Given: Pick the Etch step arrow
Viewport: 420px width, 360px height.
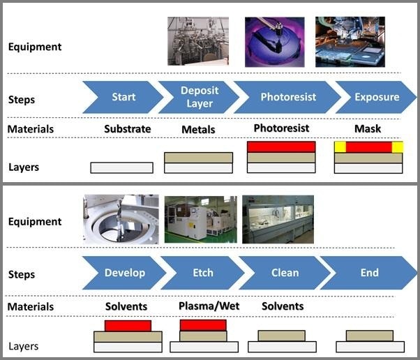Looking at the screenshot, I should pos(203,273).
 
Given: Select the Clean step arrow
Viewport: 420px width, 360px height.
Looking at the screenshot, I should pos(285,273).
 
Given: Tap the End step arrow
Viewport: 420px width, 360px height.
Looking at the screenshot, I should pos(369,273).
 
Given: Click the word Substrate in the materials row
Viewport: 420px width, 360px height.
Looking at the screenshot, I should pos(128,129).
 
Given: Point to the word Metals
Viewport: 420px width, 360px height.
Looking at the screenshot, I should pos(198,130).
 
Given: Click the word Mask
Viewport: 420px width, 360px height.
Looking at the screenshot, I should pos(368,129).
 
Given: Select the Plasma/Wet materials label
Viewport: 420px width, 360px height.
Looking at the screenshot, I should pos(202,306).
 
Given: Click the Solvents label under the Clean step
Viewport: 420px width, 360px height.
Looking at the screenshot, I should pos(283,306).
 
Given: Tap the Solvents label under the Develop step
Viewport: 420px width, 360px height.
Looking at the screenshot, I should pos(126,306).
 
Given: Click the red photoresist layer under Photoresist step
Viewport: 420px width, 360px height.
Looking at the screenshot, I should pos(281,147).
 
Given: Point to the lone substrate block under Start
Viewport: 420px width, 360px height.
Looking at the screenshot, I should pos(121,167).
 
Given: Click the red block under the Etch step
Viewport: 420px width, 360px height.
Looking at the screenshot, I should pos(203,325).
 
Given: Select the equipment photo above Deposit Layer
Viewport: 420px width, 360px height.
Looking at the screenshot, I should pos(197,41).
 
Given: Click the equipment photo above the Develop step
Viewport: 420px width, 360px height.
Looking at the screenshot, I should pos(121,219).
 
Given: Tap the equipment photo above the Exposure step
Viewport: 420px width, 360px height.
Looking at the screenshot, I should pos(350,42).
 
